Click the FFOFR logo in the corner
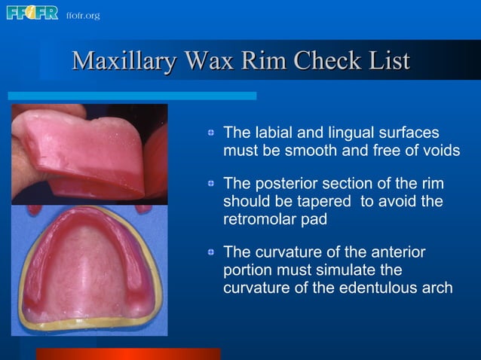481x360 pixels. click(32, 13)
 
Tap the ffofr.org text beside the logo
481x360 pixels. click(82, 15)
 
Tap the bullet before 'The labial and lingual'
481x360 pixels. click(213, 133)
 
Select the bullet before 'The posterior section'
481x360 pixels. click(213, 185)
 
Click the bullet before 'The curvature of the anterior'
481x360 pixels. click(213, 252)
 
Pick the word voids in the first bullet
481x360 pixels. click(440, 151)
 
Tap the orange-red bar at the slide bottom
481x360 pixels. click(128, 354)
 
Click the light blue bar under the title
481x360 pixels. click(132, 96)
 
